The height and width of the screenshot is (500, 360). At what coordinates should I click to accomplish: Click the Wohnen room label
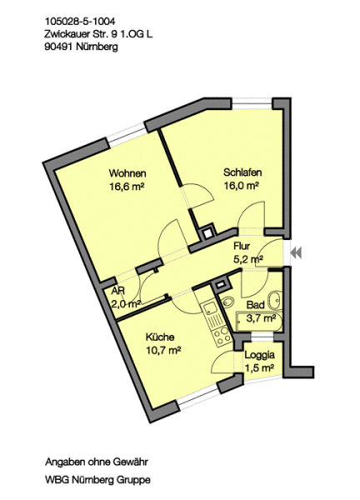click(127, 173)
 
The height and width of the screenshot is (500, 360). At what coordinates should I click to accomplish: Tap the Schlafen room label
click(242, 172)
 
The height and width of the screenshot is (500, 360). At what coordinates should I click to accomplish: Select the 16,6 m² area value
click(127, 187)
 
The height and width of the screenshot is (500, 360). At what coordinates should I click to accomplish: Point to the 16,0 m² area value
click(241, 186)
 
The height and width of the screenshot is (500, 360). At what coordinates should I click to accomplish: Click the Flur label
click(242, 246)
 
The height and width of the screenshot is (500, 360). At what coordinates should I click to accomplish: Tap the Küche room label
click(160, 337)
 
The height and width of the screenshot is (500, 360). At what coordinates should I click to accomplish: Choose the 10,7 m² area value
click(163, 350)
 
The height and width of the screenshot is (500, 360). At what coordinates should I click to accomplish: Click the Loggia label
click(259, 355)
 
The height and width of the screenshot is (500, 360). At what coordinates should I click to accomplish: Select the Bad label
click(255, 305)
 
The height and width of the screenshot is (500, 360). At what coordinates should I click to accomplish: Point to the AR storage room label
click(118, 291)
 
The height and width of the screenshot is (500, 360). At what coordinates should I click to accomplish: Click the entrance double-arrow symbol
click(296, 252)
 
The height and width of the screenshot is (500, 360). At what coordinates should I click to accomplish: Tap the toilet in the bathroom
click(227, 300)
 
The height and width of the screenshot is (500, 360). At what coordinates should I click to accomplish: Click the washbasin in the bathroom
click(274, 299)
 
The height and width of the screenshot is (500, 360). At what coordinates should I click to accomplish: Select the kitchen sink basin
click(209, 308)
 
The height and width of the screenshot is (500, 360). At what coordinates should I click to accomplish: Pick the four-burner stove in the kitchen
click(222, 336)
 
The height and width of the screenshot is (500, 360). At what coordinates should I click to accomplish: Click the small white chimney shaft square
click(207, 232)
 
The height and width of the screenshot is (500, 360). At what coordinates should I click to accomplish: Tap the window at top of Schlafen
click(252, 103)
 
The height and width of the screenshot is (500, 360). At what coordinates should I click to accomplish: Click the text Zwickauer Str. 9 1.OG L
click(98, 34)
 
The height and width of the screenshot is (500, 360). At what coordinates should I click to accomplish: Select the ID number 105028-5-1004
click(80, 22)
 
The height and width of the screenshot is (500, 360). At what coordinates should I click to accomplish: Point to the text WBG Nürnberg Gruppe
click(97, 479)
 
